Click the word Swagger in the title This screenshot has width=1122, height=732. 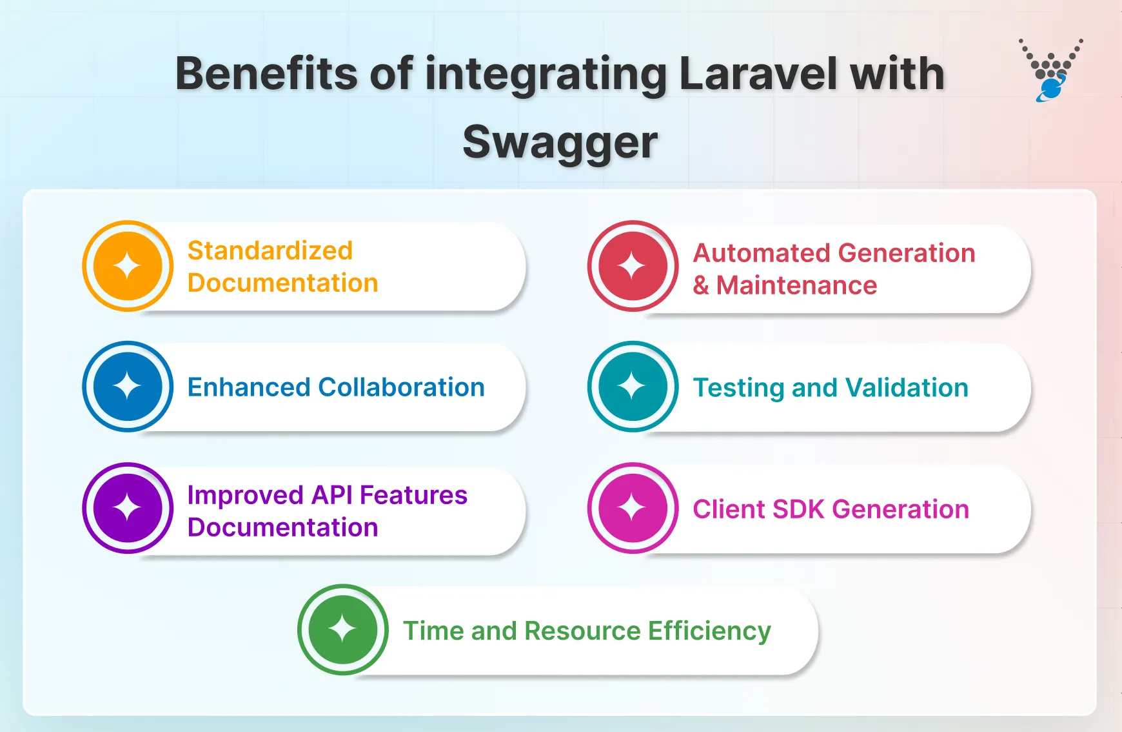560,143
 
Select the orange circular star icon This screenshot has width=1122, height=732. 128,266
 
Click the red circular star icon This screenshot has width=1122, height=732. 633,266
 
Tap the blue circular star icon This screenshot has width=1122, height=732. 128,387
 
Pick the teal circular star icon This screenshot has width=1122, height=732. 633,387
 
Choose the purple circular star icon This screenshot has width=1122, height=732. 128,508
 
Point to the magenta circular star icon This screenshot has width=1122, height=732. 633,508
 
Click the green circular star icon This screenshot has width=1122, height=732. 342,629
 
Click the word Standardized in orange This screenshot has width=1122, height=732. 270,250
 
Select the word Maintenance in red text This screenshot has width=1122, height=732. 796,285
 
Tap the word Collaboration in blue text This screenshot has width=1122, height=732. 401,387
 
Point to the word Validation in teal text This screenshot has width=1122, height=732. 907,388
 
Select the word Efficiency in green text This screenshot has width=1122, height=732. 709,631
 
